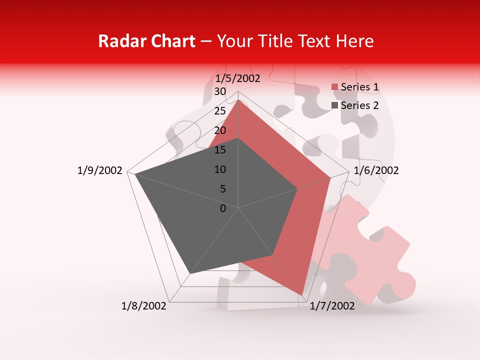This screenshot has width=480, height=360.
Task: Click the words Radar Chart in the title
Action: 146,41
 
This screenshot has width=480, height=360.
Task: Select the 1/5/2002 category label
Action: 238,78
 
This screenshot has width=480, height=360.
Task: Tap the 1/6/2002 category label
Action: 376,170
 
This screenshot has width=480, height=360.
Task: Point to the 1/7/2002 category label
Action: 332,306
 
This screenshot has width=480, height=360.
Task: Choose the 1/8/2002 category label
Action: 144,306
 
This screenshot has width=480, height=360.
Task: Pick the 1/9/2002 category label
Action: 100,170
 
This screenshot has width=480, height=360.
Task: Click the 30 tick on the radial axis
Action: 219,91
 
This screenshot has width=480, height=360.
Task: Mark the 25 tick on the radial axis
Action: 219,111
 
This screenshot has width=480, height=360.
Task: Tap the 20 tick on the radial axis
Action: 219,130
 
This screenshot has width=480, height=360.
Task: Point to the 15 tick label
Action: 219,150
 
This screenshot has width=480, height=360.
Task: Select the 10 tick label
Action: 219,169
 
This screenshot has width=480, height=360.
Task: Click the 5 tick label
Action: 222,189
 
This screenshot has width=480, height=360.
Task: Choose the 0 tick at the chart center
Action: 223,208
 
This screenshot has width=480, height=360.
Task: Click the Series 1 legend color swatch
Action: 335,87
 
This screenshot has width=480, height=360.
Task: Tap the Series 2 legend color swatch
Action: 335,105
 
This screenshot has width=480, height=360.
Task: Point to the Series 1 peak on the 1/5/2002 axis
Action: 238,99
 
